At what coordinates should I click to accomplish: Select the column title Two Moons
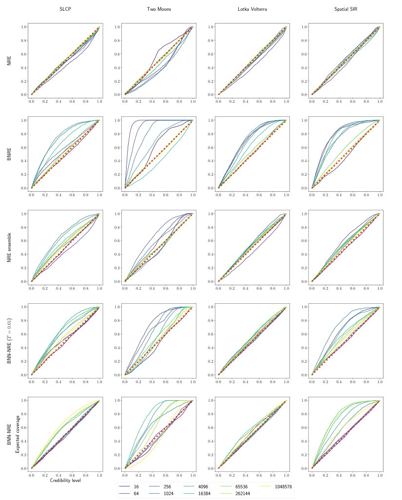click(x=159, y=10)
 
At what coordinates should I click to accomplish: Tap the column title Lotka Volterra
click(x=252, y=10)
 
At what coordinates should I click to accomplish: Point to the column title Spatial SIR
click(x=346, y=10)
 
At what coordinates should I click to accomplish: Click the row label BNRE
click(x=10, y=154)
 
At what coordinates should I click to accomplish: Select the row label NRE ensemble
click(x=10, y=247)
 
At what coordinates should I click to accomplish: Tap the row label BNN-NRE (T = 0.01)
click(x=10, y=341)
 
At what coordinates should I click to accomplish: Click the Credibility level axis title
click(x=65, y=481)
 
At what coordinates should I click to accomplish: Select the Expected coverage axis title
click(x=18, y=434)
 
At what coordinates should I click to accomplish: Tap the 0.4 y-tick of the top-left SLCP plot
click(x=22, y=67)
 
